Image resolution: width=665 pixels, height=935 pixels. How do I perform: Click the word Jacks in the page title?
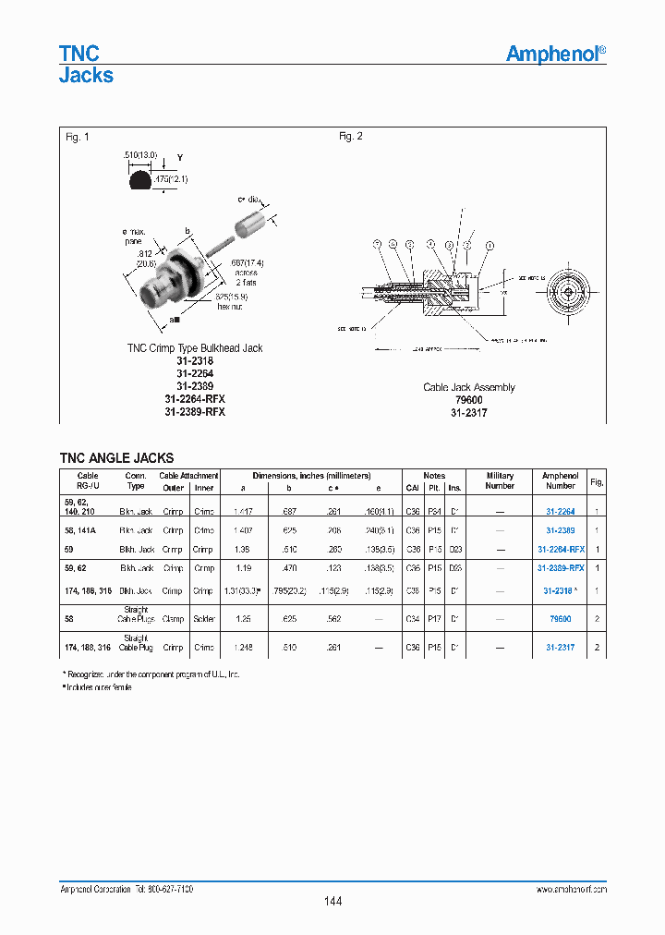coord(86,76)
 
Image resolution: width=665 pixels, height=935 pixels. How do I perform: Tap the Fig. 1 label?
coord(78,137)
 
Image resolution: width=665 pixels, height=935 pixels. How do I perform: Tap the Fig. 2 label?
coord(351,137)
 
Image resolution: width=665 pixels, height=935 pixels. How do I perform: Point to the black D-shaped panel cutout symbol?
coord(140,180)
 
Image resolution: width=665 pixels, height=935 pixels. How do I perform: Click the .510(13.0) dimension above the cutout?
coord(140,155)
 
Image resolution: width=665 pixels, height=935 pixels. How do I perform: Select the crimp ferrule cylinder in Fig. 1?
coord(250,224)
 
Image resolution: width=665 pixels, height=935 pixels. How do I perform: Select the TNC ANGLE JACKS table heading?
coord(116,457)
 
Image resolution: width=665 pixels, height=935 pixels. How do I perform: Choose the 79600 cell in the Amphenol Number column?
coord(560,618)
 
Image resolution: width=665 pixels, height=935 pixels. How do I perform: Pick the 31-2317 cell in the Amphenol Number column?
coord(560,648)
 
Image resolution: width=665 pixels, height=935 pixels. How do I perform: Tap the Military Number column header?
coord(500,480)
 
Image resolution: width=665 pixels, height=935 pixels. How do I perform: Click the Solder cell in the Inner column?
coord(204,618)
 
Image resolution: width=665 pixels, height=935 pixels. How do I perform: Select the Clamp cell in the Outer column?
coord(173,618)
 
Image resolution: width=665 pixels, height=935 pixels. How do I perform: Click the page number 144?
coord(332,901)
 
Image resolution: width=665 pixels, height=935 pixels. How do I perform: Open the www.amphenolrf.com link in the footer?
coord(570,888)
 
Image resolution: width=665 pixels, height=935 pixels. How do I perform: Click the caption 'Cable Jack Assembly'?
coord(469,388)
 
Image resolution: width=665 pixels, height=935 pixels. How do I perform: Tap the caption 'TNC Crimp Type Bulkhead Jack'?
coord(195,348)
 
